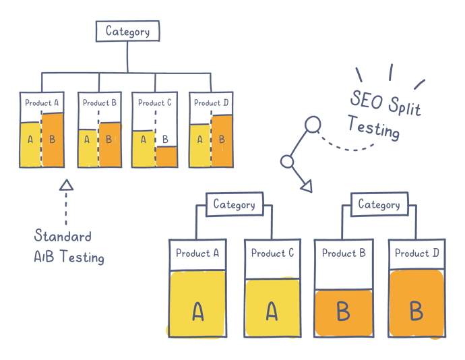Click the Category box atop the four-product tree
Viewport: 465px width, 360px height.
(x=128, y=30)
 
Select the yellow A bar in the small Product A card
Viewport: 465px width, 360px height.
(x=30, y=144)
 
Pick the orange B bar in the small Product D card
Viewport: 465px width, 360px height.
(x=222, y=141)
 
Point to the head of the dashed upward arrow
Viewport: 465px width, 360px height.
(x=65, y=184)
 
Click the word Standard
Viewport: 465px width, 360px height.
(x=63, y=236)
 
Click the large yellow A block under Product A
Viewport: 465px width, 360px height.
(x=197, y=303)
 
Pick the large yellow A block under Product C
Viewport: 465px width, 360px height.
(x=272, y=307)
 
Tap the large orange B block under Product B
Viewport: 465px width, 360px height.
(x=343, y=312)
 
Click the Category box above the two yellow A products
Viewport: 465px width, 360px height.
(x=233, y=203)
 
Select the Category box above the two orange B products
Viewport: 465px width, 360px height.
(x=379, y=203)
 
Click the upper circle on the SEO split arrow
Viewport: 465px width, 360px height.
(x=312, y=124)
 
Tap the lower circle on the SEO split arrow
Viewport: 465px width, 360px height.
(x=286, y=161)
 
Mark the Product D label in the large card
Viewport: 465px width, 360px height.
(x=416, y=253)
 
